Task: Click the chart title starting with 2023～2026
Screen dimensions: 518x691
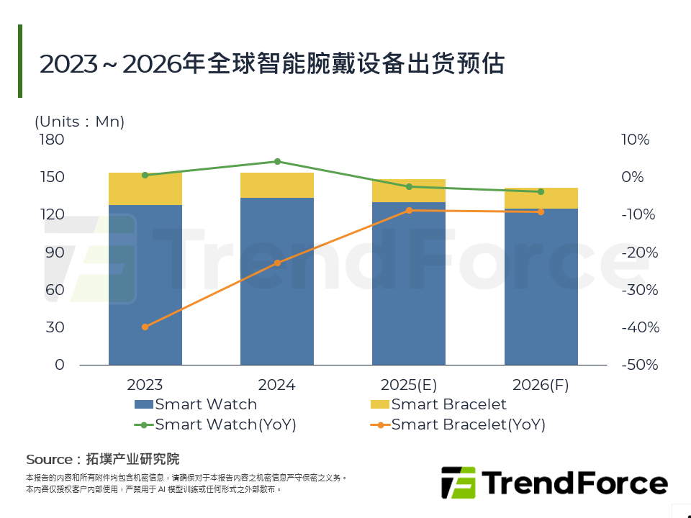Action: click(x=271, y=64)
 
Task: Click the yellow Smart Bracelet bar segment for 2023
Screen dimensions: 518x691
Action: click(x=145, y=189)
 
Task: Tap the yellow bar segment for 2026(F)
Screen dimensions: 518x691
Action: click(x=541, y=199)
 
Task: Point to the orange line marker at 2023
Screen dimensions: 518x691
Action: click(x=145, y=327)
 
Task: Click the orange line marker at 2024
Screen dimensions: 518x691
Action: click(x=277, y=263)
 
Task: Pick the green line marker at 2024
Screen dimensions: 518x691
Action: click(x=277, y=161)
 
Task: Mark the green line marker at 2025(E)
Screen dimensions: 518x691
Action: click(x=409, y=186)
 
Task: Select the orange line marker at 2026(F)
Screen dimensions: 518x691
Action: click(x=541, y=212)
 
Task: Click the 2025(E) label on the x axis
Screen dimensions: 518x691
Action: click(x=409, y=385)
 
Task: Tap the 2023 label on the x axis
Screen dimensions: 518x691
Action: click(x=145, y=385)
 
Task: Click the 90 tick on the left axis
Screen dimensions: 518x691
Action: click(x=54, y=252)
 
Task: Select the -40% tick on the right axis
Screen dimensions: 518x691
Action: click(x=638, y=327)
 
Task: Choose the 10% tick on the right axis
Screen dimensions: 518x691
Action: click(x=636, y=140)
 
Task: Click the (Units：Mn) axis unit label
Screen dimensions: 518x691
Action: click(x=79, y=122)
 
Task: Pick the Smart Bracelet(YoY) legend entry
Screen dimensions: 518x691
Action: click(x=468, y=424)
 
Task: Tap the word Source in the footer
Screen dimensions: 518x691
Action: click(x=49, y=459)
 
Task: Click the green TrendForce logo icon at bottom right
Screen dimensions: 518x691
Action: click(x=459, y=482)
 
